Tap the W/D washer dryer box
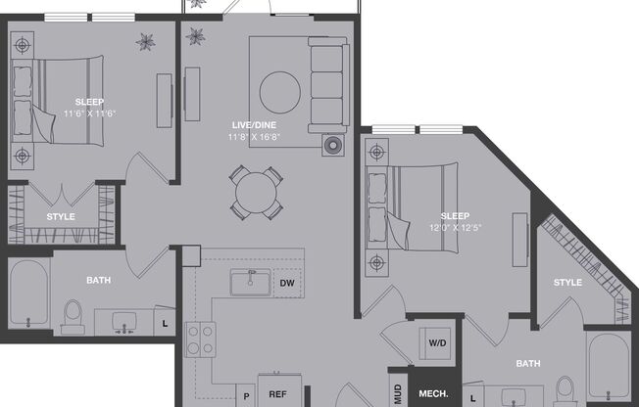pos(436,343)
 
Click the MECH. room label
pos(433,394)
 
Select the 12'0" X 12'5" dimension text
pos(454,228)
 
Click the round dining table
pos(257,191)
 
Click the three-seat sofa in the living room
pos(327,86)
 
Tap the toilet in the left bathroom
pos(72,313)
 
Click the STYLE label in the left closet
pos(61,216)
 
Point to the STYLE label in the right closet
pos(567,283)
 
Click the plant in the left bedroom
pos(147,41)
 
